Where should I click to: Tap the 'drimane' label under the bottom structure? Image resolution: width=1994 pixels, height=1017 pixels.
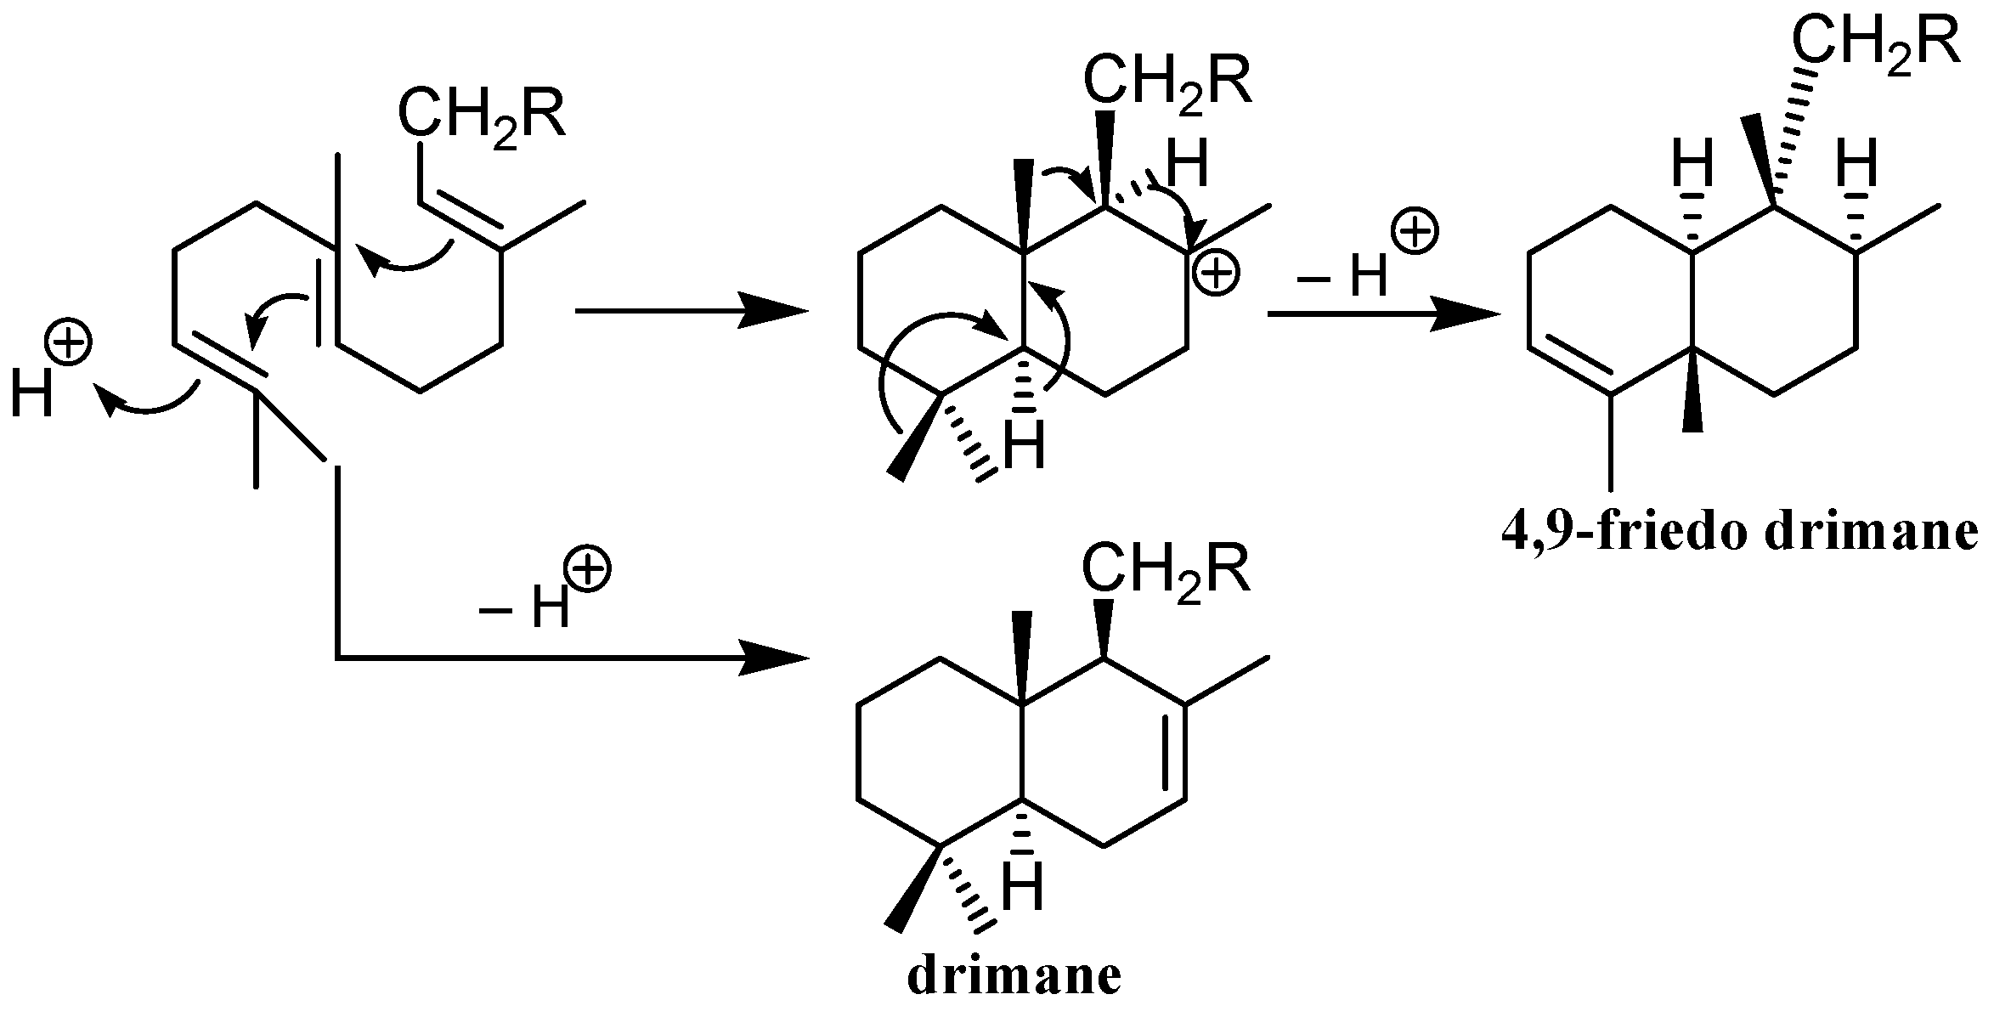[1014, 978]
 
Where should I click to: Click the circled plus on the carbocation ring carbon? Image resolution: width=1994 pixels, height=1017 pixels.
[1215, 274]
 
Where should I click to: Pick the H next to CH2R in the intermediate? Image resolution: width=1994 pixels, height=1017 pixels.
[1187, 165]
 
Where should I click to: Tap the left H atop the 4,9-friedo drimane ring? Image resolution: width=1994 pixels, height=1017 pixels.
[1692, 165]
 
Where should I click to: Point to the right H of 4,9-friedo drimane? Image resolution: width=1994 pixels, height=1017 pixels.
[1857, 165]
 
